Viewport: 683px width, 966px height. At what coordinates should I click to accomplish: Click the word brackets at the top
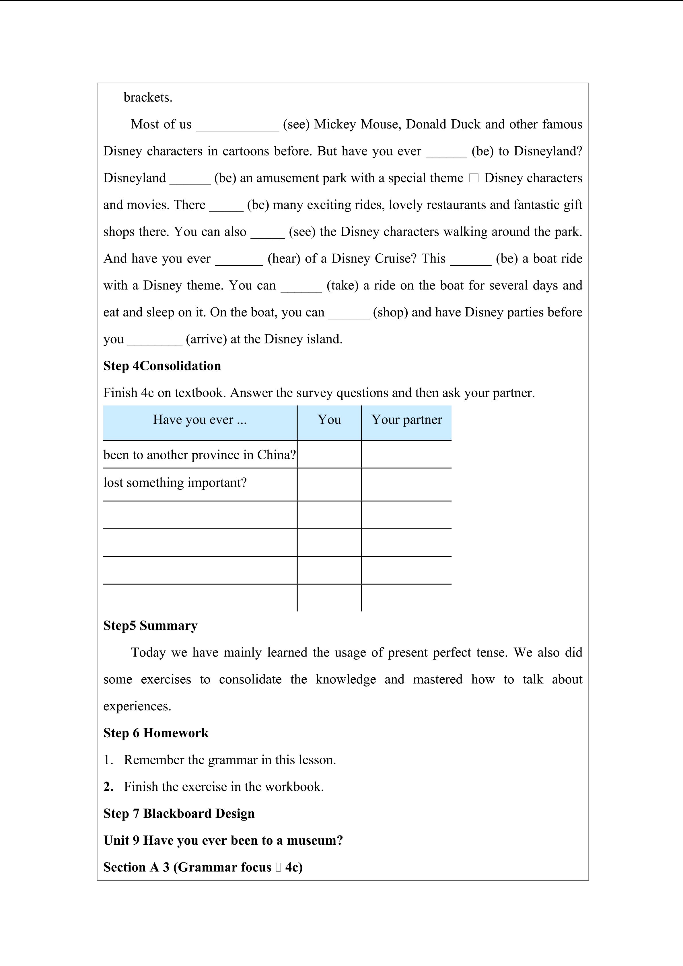[x=148, y=98]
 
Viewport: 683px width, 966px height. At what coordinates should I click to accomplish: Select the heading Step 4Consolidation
[x=162, y=366]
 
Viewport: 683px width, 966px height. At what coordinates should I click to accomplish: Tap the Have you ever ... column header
[x=200, y=419]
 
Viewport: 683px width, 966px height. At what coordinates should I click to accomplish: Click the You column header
[x=329, y=419]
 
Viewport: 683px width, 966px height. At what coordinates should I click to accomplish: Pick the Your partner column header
[x=406, y=419]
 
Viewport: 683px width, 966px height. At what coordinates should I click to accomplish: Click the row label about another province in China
[x=200, y=455]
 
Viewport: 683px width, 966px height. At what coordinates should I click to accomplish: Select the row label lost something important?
[x=175, y=483]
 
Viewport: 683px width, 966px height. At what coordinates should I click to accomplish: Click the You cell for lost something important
[x=329, y=484]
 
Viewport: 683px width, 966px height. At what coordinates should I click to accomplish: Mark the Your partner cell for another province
[x=406, y=454]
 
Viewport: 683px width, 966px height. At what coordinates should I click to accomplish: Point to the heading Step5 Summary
[x=150, y=626]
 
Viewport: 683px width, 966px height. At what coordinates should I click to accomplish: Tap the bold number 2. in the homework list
[x=108, y=787]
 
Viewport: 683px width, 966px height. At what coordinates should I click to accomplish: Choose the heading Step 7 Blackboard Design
[x=179, y=814]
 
